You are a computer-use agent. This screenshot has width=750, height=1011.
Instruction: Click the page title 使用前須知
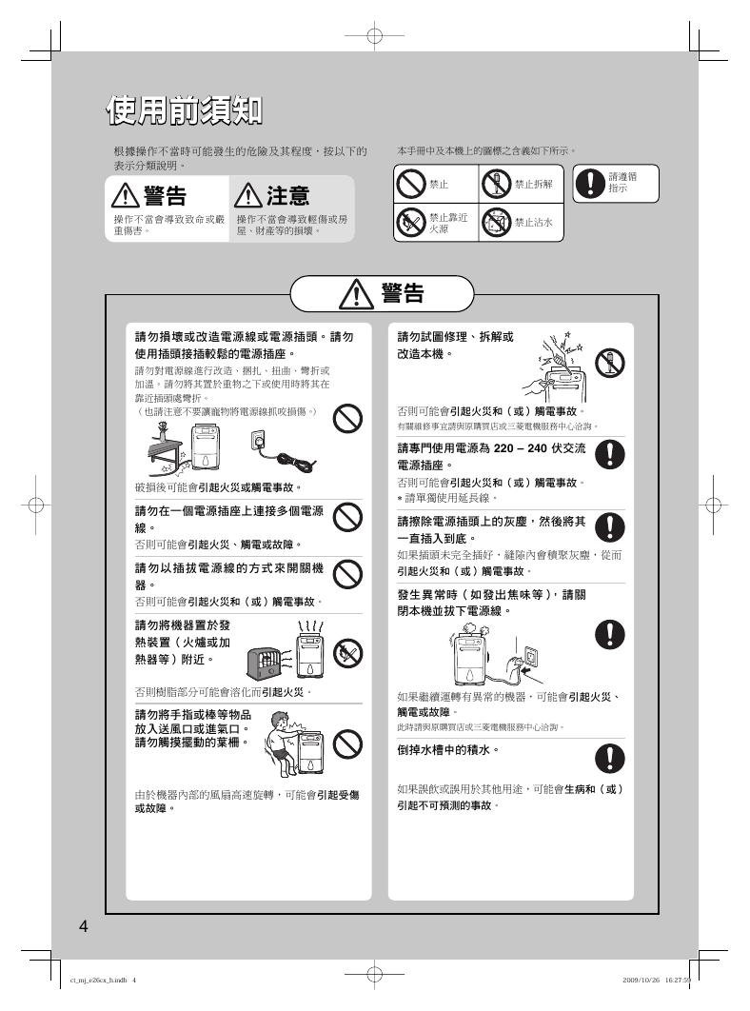tap(185, 110)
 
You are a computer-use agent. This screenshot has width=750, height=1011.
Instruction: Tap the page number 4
tap(83, 926)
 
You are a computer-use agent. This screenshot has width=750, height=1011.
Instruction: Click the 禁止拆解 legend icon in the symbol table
tap(496, 185)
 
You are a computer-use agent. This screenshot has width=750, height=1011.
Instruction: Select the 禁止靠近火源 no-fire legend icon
tap(411, 223)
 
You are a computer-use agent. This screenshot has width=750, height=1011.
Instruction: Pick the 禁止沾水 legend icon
tap(496, 223)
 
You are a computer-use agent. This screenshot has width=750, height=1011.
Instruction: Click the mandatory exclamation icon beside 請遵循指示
tap(589, 183)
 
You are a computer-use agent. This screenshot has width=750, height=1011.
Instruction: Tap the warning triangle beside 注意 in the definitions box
tap(247, 195)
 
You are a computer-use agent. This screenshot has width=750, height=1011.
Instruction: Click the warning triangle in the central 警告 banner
tap(354, 295)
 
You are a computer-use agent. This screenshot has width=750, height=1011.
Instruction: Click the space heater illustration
tap(269, 663)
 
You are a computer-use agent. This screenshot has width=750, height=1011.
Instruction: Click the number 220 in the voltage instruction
tap(503, 448)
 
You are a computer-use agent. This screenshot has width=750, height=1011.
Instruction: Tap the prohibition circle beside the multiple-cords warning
tap(347, 517)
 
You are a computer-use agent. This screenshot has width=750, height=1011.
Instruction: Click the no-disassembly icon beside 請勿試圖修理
tap(610, 363)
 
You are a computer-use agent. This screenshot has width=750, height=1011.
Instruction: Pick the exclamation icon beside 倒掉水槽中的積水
tap(609, 758)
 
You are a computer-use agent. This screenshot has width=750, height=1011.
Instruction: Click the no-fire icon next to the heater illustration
tap(347, 654)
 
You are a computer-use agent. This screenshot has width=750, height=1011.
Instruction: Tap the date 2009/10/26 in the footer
tap(641, 981)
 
